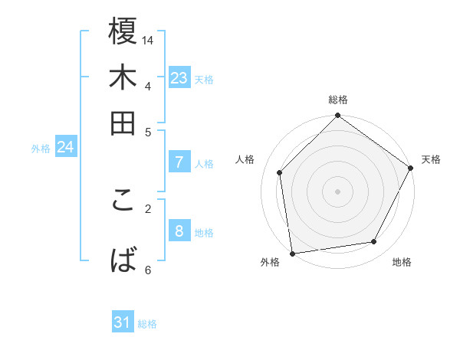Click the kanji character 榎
point(123,33)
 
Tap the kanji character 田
point(123,122)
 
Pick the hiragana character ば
point(123,259)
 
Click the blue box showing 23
point(179,78)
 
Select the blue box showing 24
point(65,147)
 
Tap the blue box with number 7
point(179,162)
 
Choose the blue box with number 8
point(179,231)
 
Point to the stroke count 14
point(149,39)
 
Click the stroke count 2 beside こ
point(149,207)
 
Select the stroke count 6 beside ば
point(148,269)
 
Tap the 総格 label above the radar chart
point(338,100)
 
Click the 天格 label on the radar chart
point(431,159)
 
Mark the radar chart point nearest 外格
point(292,254)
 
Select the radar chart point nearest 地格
point(374,242)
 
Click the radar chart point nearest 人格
point(280,172)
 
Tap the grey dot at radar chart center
point(337,191)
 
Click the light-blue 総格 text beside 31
point(147,324)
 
